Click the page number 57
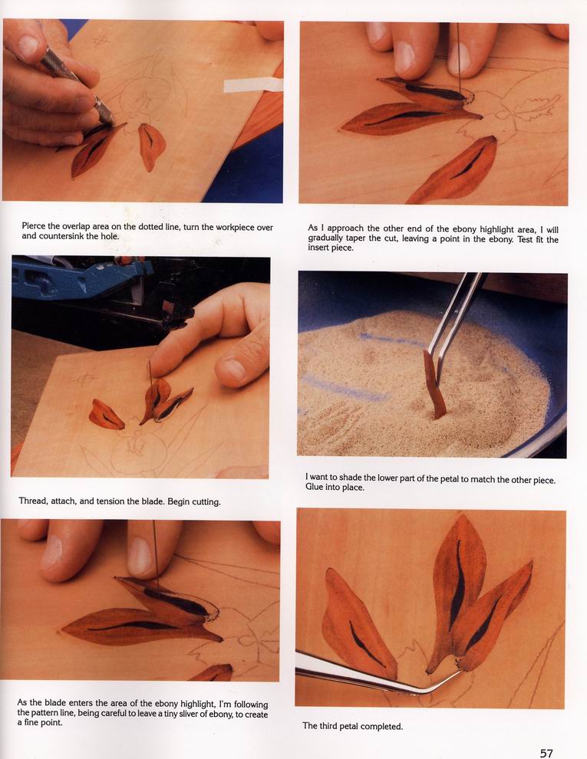[546, 753]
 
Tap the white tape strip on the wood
[252, 84]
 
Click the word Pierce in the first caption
[34, 226]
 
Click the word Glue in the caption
[314, 488]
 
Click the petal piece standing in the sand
[434, 385]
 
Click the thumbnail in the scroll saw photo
[233, 370]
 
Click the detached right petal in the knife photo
[152, 146]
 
